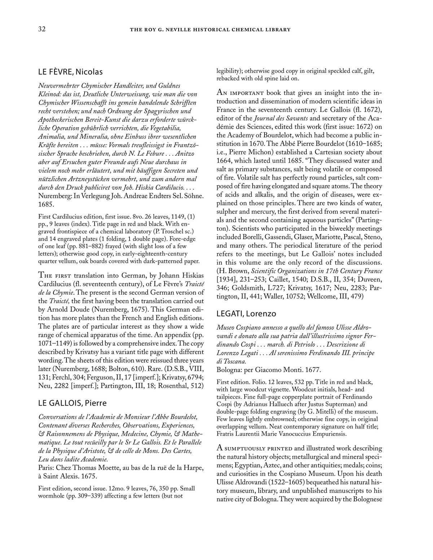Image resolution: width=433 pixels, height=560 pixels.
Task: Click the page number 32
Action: pyautogui.click(x=41, y=29)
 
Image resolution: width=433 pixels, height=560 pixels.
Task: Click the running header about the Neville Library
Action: pyautogui.click(x=210, y=30)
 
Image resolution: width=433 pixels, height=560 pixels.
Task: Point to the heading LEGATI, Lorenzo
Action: pyautogui.click(x=246, y=313)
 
